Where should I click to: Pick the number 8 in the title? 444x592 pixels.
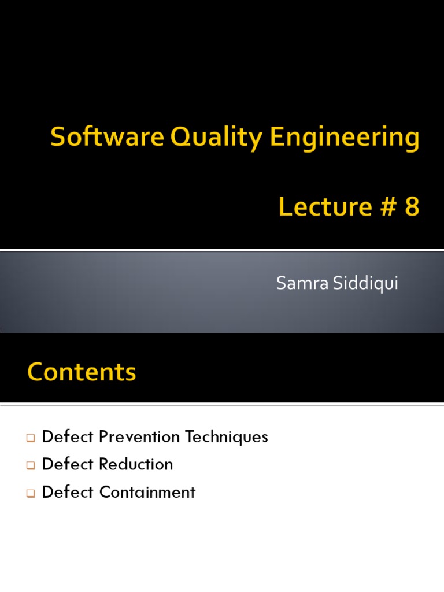(412, 206)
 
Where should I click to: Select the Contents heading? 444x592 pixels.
(82, 372)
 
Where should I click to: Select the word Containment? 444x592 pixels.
(147, 492)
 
